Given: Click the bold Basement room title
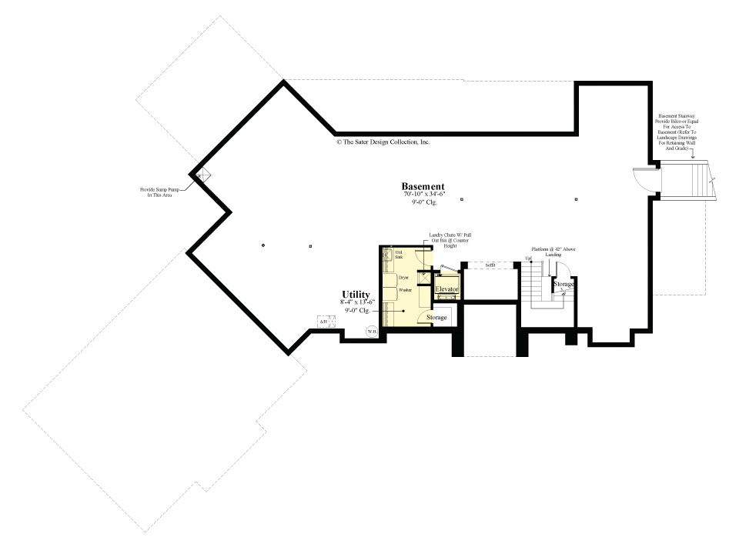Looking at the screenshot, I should [x=423, y=186].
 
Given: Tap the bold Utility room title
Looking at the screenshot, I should [x=356, y=295].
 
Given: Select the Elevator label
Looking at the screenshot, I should [x=446, y=289].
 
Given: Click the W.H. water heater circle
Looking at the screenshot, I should [x=371, y=332].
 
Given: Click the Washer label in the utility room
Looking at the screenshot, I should [x=404, y=290].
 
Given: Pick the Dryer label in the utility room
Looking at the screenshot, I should [x=403, y=275].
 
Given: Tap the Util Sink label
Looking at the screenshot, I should [x=399, y=255].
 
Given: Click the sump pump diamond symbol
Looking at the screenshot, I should [x=202, y=175].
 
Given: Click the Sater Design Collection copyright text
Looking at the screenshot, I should [x=383, y=142].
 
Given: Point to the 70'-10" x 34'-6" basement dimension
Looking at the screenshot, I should [x=423, y=195].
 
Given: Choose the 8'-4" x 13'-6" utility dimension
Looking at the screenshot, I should [x=356, y=302].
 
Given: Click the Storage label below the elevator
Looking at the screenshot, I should [x=436, y=317].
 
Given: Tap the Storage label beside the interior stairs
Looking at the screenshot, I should [x=563, y=284].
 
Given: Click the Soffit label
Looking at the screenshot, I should [x=490, y=265].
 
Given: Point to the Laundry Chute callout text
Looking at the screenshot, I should [x=449, y=240].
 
